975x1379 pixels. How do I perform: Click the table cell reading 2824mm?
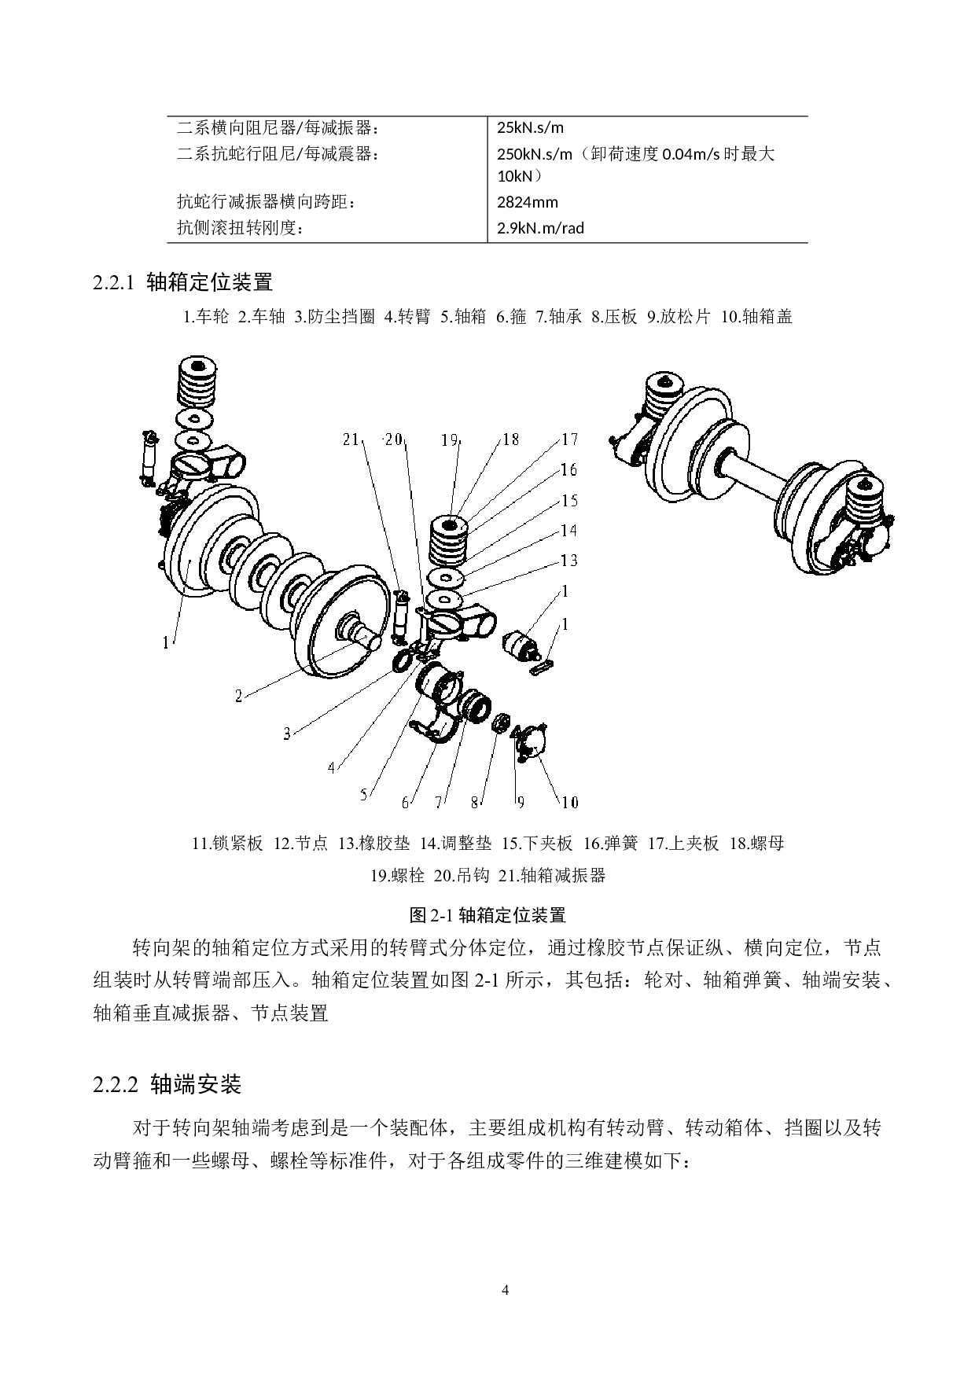click(x=528, y=202)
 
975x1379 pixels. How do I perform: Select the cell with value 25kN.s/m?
click(x=531, y=127)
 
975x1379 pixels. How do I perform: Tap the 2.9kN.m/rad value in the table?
click(x=541, y=228)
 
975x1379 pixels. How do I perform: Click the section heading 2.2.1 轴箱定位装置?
click(x=183, y=281)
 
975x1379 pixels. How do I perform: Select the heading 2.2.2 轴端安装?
click(x=167, y=1085)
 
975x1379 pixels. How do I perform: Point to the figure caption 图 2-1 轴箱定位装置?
click(x=487, y=915)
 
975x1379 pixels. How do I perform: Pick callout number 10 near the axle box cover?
click(x=569, y=802)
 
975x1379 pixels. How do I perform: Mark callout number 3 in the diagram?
click(x=288, y=734)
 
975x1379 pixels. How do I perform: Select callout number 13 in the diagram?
click(x=569, y=560)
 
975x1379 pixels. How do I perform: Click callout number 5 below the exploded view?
click(x=364, y=795)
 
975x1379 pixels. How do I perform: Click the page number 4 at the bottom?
click(x=506, y=1290)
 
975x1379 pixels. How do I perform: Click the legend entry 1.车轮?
click(x=206, y=317)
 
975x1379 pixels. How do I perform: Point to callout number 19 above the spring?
click(x=450, y=439)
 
